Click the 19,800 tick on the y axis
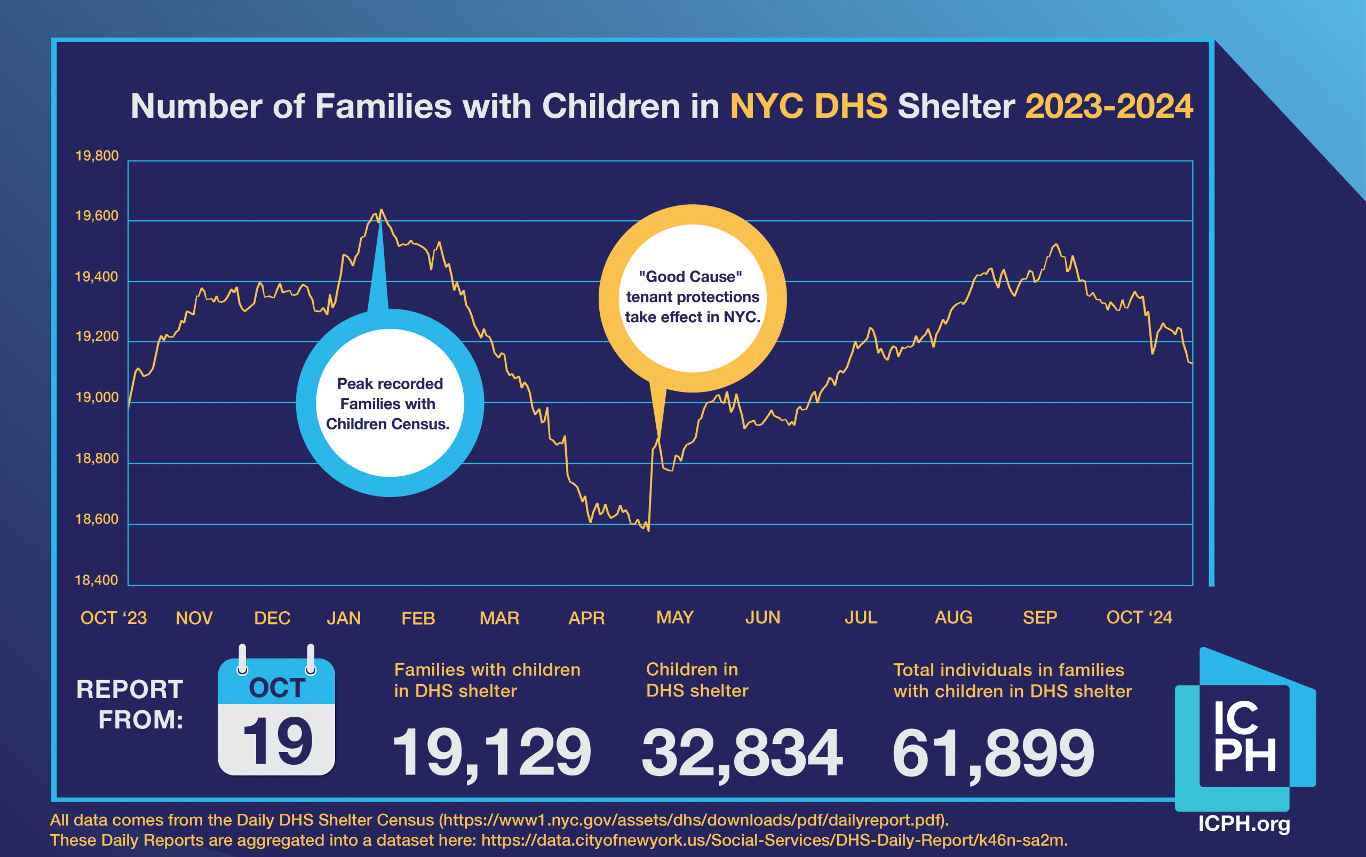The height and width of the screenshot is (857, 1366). tap(97, 156)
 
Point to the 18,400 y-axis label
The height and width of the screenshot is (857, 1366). tap(97, 580)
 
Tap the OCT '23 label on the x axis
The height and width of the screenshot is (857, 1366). tap(114, 618)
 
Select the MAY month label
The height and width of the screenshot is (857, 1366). tap(675, 617)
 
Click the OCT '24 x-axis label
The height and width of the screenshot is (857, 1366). tap(1139, 617)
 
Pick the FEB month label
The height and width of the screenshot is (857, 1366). tap(418, 618)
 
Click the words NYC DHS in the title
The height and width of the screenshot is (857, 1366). tap(808, 106)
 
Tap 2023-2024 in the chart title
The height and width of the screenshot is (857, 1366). tap(1109, 106)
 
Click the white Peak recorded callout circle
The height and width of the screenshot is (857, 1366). tap(390, 403)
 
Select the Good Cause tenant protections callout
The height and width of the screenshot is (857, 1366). tap(693, 297)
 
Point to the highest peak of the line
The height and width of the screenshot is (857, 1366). tap(381, 210)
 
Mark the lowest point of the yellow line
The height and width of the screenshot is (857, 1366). tap(648, 530)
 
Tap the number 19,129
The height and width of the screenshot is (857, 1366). tap(491, 752)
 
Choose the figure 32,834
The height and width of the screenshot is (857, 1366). tap(742, 752)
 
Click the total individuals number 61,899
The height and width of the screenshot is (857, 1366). tap(993, 752)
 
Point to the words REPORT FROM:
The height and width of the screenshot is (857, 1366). tap(130, 704)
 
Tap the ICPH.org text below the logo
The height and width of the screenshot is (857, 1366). tap(1243, 823)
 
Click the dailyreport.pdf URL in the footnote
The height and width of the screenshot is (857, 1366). tap(693, 820)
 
